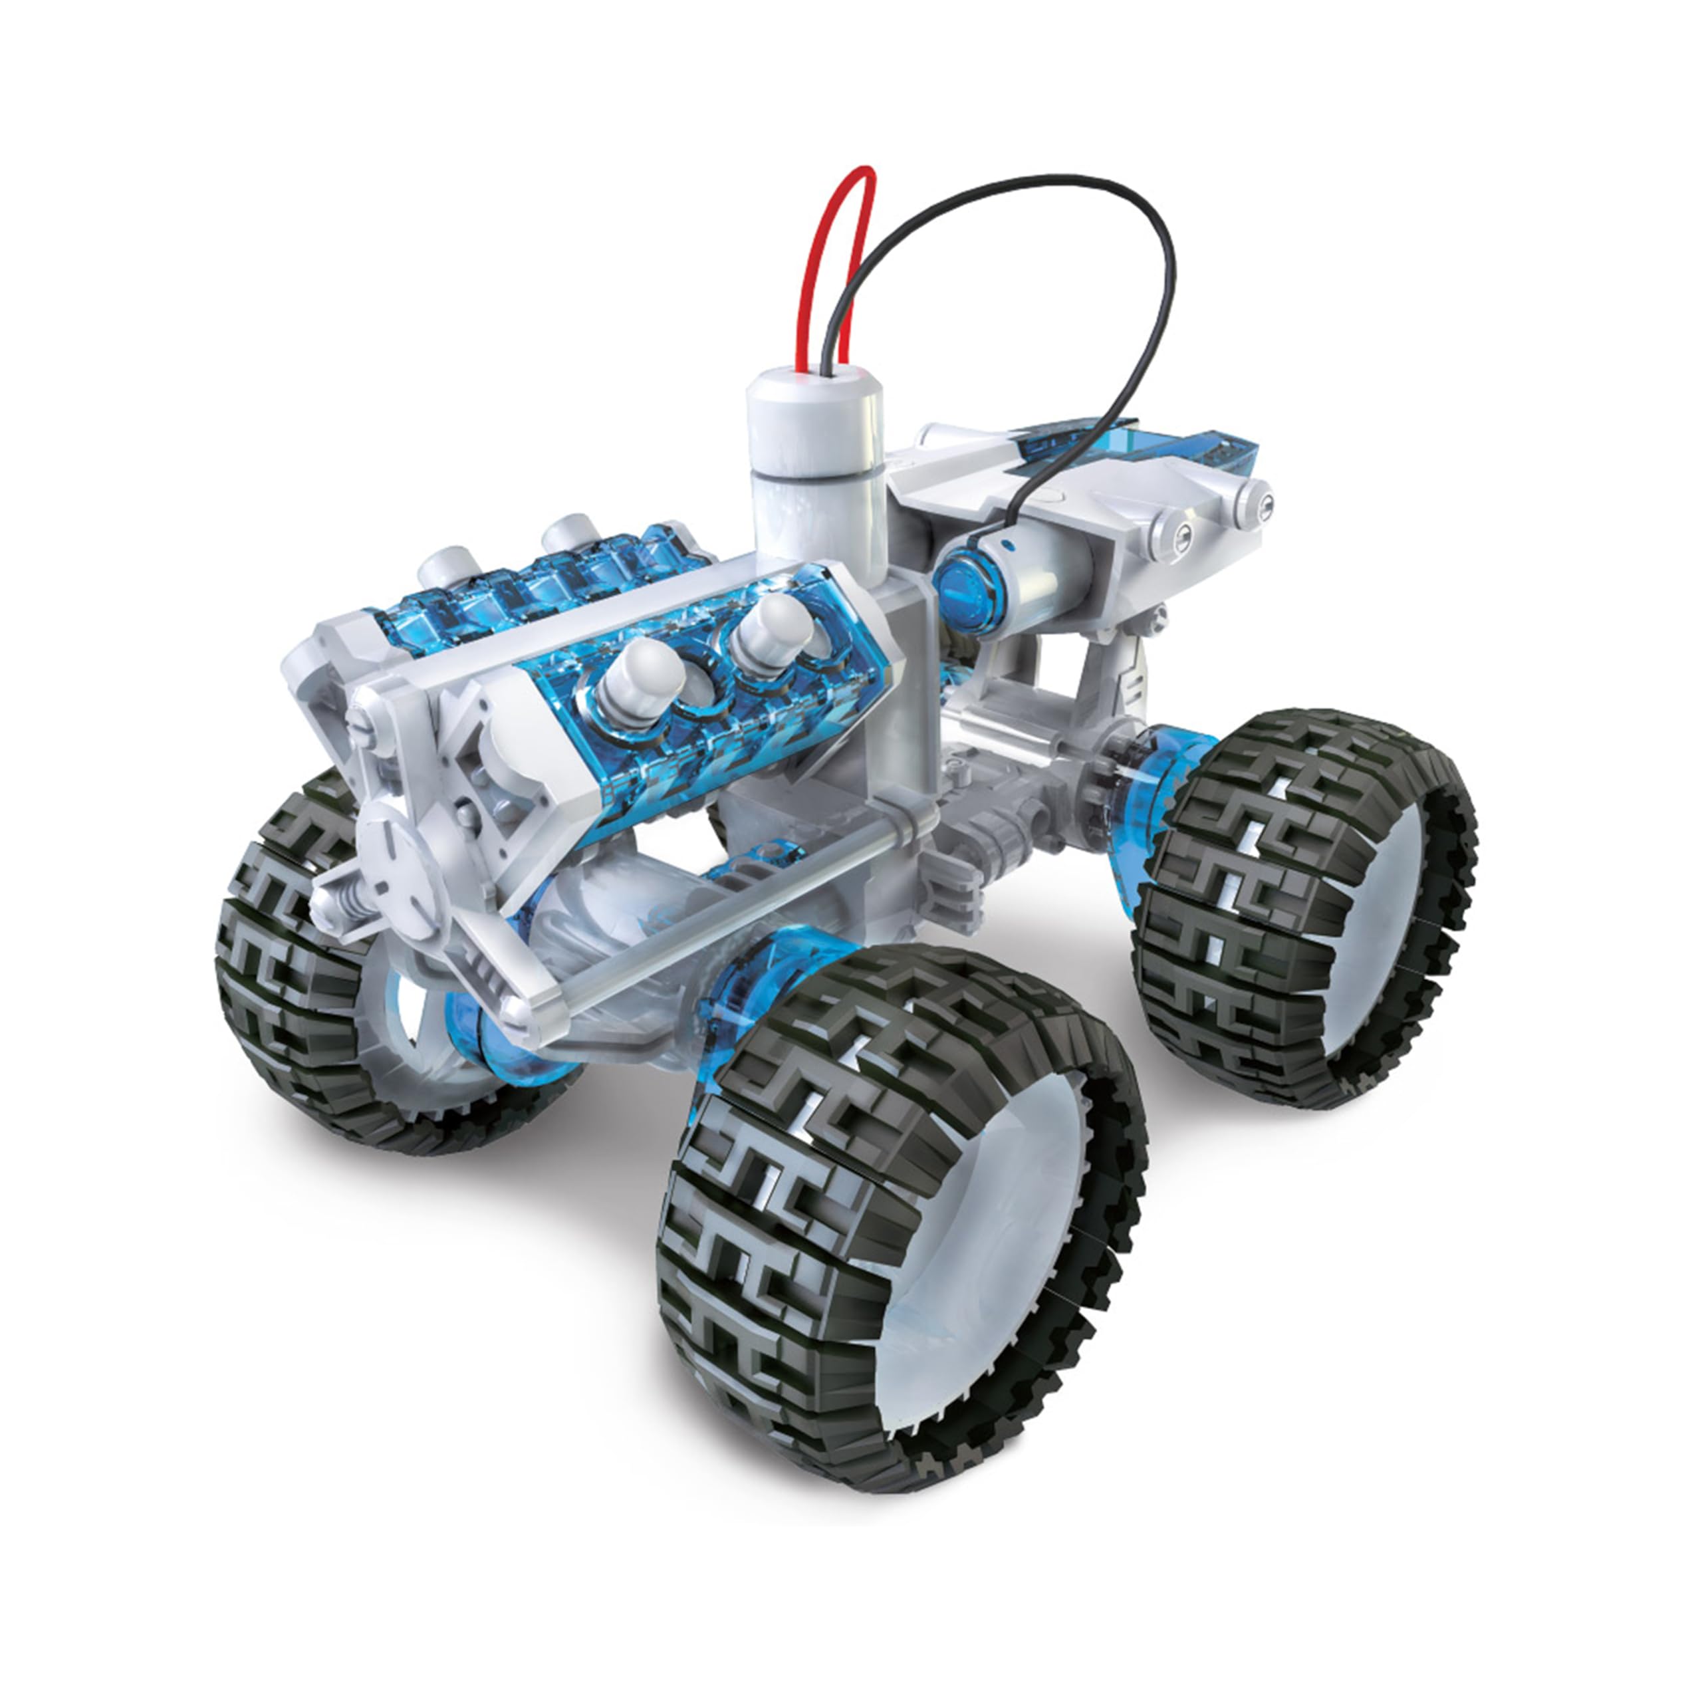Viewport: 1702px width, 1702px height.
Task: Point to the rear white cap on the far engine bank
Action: [x=568, y=534]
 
